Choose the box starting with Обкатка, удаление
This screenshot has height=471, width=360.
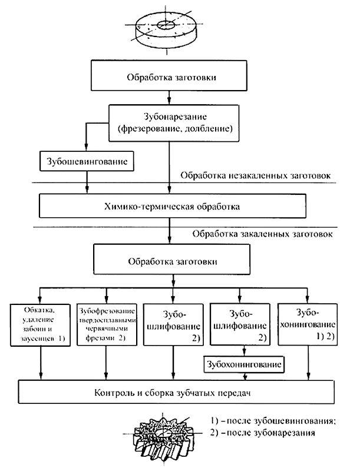(x=41, y=325)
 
